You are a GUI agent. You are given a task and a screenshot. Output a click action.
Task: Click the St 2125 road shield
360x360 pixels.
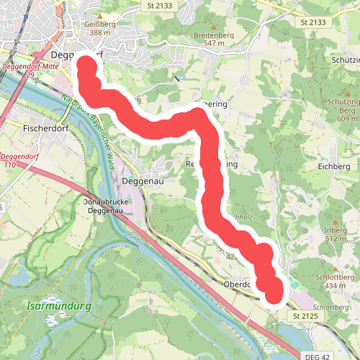click(x=306, y=315)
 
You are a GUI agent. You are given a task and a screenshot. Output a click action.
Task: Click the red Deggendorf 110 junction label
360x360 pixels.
click(x=19, y=160)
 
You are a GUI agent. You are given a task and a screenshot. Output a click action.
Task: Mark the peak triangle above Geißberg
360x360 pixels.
click(x=100, y=15)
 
